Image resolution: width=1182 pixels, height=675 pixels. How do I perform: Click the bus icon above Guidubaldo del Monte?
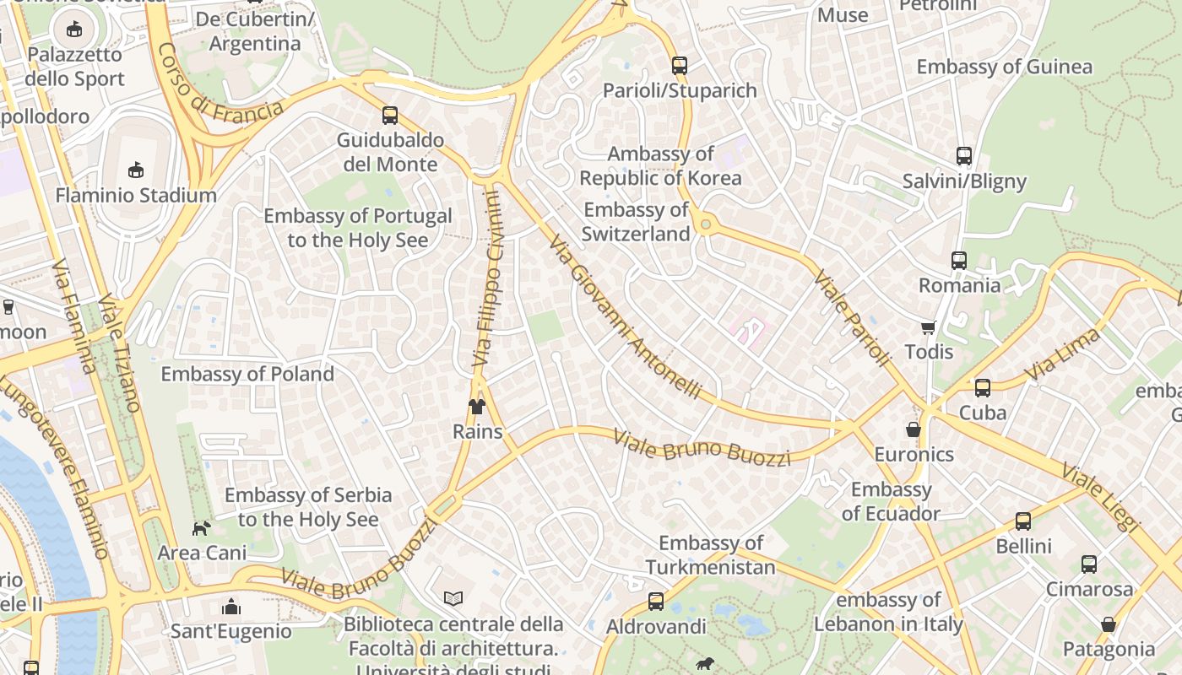pos(389,116)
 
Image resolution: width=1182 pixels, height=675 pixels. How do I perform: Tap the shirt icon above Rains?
pos(477,407)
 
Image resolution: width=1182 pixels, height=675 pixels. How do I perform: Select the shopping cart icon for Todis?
pos(928,327)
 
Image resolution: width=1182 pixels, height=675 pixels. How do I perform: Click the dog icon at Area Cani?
pos(202,528)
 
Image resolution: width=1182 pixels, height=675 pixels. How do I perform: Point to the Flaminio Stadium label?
pos(136,195)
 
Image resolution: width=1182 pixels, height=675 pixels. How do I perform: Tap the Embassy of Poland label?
pos(247,374)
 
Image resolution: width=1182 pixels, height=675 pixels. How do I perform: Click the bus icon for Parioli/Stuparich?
pos(679,66)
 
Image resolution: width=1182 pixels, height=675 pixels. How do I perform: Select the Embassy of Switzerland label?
pos(636,222)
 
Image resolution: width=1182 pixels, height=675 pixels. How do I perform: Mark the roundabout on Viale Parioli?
pos(706,225)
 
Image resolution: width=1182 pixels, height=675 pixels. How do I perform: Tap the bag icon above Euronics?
pos(913,429)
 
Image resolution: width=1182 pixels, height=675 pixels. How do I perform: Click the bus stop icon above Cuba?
pos(982,388)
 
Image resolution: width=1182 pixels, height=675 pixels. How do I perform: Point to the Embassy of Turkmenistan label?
pos(711,555)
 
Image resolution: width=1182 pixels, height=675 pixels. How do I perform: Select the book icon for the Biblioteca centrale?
pos(453,598)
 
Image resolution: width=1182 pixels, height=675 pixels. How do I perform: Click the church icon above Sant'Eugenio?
pos(230,607)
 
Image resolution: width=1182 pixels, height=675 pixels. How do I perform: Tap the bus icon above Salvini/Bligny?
pos(963,156)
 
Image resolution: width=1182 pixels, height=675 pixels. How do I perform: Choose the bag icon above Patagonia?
pos(1108,624)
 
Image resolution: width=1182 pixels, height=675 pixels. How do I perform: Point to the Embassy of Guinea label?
pos(1004,67)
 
